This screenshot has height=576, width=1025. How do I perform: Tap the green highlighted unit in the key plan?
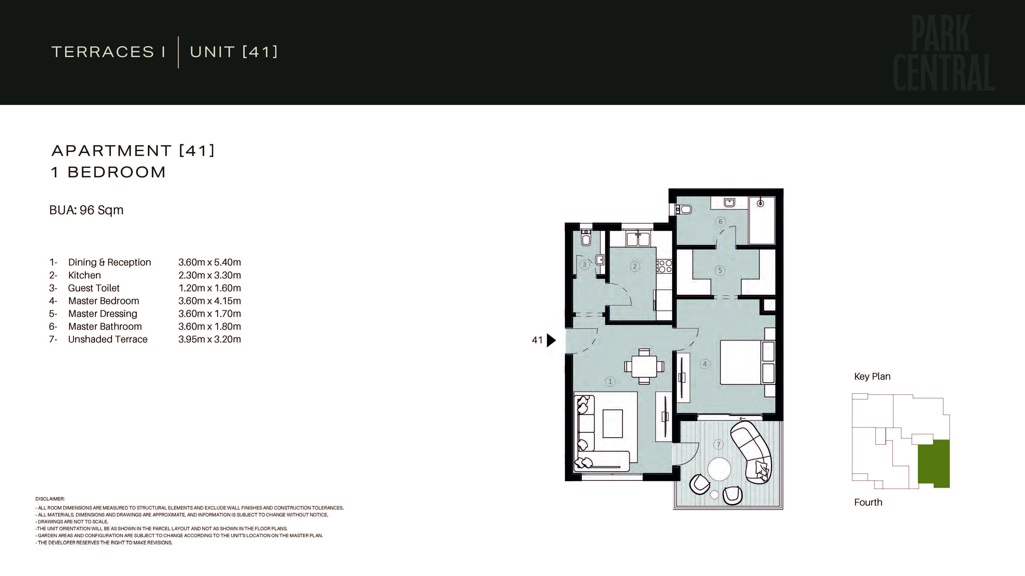pyautogui.click(x=933, y=464)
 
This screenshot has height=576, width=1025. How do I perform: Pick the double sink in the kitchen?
pyautogui.click(x=638, y=239)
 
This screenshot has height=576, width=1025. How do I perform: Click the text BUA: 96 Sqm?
pyautogui.click(x=86, y=210)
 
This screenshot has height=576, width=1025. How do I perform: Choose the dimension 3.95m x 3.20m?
pyautogui.click(x=210, y=339)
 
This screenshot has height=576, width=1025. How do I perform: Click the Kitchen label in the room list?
pyautogui.click(x=84, y=275)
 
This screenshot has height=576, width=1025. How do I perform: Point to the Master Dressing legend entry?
pyautogui.click(x=103, y=314)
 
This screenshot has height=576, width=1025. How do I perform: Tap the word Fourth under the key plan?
pyautogui.click(x=868, y=503)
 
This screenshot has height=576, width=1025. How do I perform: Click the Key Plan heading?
pyautogui.click(x=872, y=376)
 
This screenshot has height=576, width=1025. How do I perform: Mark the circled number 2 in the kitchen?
pyautogui.click(x=635, y=266)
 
